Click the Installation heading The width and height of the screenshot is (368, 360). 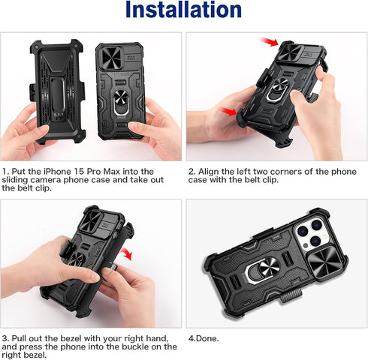click(x=183, y=11)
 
